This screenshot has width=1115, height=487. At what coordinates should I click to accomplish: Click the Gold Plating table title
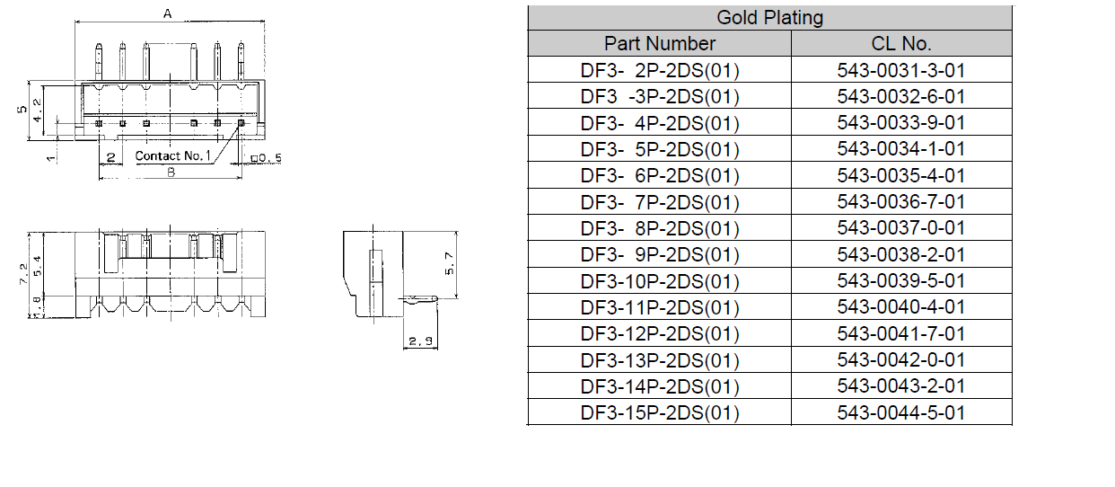point(769,18)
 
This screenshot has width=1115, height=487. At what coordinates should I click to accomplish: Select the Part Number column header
point(660,44)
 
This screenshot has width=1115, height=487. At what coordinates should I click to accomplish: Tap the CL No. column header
point(901,44)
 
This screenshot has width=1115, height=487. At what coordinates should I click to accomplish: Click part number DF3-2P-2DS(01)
point(660,71)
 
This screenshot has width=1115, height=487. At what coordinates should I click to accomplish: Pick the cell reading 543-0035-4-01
point(901,176)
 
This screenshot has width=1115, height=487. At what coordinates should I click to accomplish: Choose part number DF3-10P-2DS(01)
point(660,281)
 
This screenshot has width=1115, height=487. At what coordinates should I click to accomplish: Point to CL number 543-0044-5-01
point(901,412)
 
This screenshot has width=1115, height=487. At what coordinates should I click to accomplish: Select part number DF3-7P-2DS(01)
point(660,202)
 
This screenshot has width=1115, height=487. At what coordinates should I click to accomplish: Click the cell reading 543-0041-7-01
point(901,333)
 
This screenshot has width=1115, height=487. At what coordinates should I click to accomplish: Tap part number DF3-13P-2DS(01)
point(660,360)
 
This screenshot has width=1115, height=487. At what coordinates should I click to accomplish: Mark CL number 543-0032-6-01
point(901,97)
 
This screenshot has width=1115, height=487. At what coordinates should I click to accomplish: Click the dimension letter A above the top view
point(168,14)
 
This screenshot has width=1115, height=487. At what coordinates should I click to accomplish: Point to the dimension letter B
point(171,173)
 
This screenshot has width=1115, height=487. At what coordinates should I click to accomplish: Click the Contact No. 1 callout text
point(172,155)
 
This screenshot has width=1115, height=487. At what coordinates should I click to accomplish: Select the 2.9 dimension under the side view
point(421,341)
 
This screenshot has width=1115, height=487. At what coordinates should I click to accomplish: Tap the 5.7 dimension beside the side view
point(450,263)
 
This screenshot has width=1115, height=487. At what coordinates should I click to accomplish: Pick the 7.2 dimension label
point(23,274)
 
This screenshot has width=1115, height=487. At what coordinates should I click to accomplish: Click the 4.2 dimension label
point(37,111)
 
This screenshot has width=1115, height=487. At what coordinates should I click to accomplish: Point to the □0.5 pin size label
point(267,158)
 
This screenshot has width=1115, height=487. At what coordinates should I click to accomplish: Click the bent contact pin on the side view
point(418,299)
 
